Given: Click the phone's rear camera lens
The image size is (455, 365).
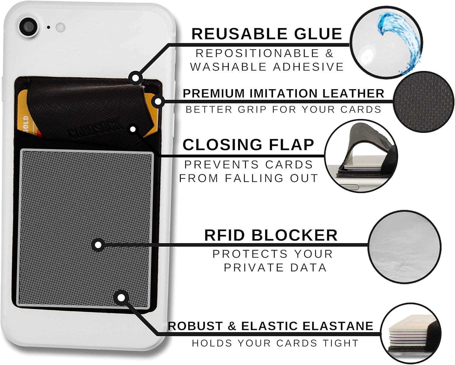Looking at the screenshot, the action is tap(29, 27).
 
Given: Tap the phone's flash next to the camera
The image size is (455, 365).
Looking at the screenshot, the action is tap(60, 27).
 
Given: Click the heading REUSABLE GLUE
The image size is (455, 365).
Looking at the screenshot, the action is tap(267, 34).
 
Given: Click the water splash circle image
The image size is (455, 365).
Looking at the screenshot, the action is tap(386, 42).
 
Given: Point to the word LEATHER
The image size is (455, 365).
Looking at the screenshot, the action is tap(353, 93).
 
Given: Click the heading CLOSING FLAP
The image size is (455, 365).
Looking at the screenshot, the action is tap(248, 145).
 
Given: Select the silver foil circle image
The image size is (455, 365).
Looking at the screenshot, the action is tap(404, 247).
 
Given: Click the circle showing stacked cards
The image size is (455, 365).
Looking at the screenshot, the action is tap(410, 333).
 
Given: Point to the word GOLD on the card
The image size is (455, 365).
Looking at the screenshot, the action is tap(26, 124).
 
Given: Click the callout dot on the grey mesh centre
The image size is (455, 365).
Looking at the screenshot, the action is tap(98, 245).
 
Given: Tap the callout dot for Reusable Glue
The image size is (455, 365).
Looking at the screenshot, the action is tap(136, 78).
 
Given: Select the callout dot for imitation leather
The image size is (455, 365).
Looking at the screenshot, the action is tap(158, 101).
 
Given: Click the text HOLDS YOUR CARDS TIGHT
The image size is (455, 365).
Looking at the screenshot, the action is tap(275, 343).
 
